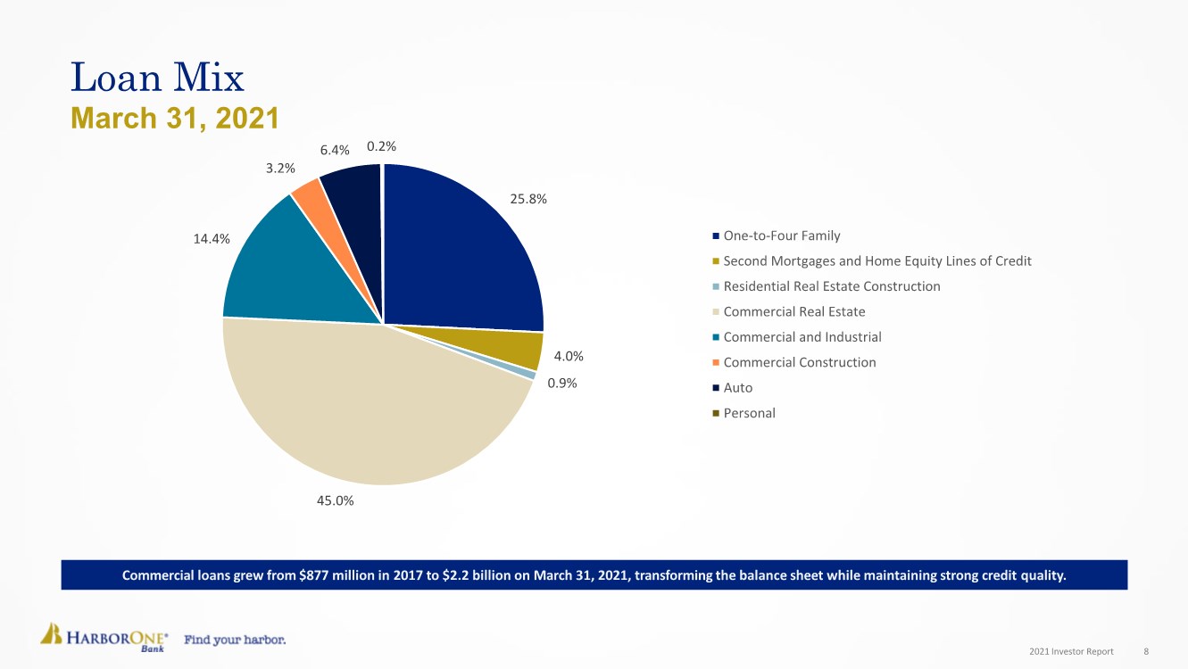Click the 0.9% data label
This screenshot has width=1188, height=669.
[561, 384]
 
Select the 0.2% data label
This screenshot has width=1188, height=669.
[381, 146]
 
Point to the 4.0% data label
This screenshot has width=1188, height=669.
[569, 357]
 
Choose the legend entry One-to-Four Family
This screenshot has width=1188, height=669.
[781, 235]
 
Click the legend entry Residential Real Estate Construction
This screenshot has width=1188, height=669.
[831, 286]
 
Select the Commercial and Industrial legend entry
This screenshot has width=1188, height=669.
[802, 337]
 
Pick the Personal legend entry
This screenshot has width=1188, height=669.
[749, 413]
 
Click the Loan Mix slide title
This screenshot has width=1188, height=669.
[157, 78]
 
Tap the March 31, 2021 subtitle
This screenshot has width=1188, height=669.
[174, 118]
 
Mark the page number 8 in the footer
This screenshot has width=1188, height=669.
[1146, 652]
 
